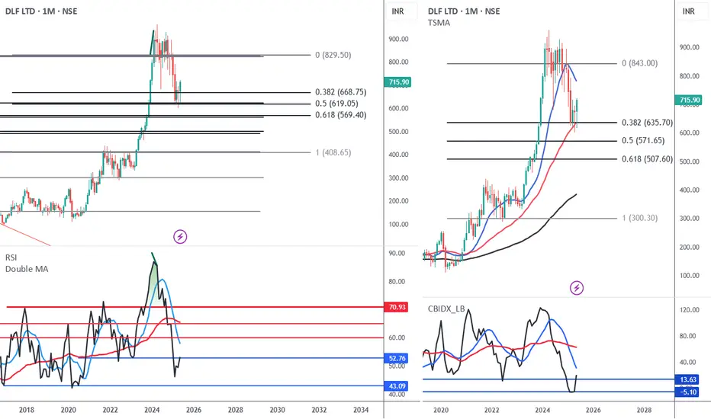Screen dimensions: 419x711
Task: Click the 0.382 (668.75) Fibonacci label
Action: tap(343, 92)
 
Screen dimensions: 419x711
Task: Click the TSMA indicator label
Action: tap(439, 24)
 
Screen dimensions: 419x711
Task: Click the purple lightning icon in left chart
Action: tap(181, 236)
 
